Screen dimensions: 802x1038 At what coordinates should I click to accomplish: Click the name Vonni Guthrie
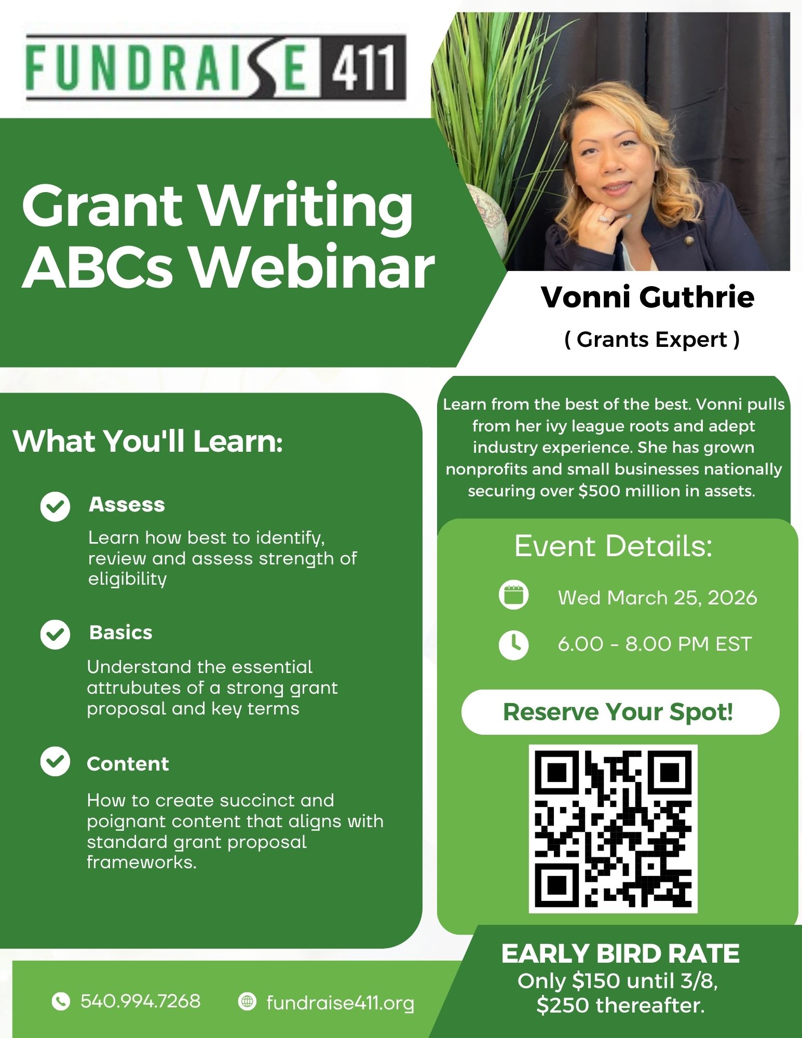(647, 297)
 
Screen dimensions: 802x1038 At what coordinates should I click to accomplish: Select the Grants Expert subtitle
(652, 340)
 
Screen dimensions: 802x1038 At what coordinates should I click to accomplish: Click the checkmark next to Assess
(55, 506)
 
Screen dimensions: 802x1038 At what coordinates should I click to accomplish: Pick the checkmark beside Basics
(55, 634)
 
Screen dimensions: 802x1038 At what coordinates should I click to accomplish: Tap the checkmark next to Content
(55, 761)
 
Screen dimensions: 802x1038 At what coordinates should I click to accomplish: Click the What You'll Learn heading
(148, 441)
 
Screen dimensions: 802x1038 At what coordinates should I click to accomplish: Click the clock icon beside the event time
(513, 644)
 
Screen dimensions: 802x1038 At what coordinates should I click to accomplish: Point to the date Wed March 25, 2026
(658, 598)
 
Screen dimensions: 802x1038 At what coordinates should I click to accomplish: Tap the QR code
(613, 829)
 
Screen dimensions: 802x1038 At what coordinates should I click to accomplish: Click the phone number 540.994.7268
(140, 1001)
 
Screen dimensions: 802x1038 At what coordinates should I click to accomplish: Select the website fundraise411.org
(341, 1003)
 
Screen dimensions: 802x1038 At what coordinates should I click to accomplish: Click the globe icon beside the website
(247, 1001)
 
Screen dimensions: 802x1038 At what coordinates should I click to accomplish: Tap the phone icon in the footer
(61, 1001)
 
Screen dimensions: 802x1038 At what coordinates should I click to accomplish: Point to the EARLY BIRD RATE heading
(620, 954)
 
